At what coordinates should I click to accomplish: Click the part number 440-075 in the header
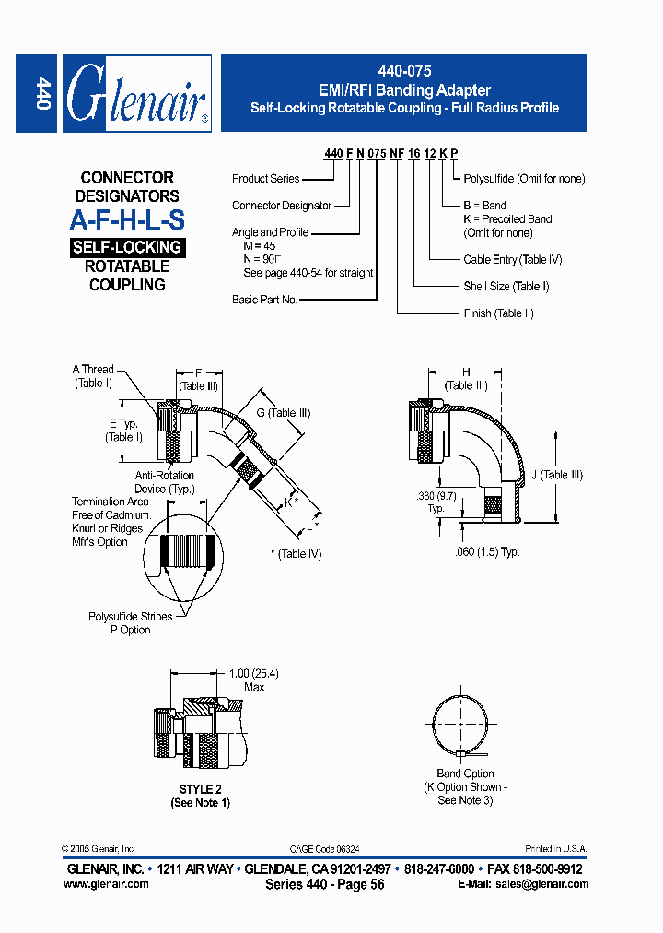coord(404,71)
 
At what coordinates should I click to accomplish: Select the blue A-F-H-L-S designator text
coord(127,220)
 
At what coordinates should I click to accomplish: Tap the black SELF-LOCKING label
coord(127,247)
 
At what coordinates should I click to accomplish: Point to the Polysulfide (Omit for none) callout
coord(524,179)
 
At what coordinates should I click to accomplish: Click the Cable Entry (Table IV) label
coord(512,260)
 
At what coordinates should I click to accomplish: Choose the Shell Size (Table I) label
coord(506,287)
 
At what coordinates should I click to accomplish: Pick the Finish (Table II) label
coord(498,313)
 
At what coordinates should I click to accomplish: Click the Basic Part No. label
coord(264,301)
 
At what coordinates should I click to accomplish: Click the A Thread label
coord(93,370)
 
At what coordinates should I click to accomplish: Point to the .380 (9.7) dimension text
coord(436,496)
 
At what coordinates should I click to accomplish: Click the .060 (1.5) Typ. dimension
coord(487,551)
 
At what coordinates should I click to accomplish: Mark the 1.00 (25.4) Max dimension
coord(253,680)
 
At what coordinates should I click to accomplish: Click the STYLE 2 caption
coord(200,790)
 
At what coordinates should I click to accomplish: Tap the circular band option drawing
coord(465,726)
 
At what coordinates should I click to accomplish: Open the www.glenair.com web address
coord(106,884)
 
